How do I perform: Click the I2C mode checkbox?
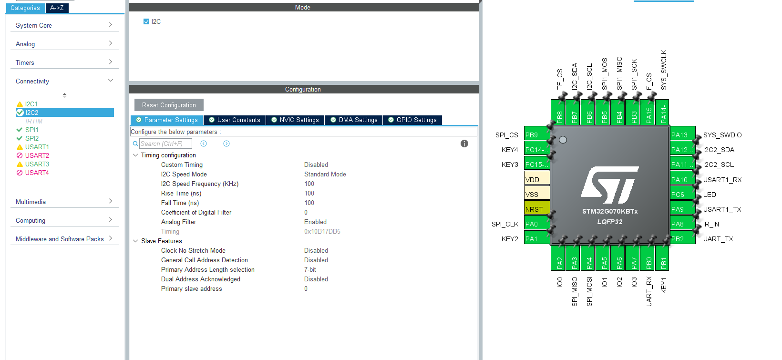click(146, 21)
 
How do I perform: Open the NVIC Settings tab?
click(295, 120)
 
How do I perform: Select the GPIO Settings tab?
click(412, 120)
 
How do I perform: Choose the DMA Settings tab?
click(354, 120)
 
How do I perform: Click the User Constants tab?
click(235, 120)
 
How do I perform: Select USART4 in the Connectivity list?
click(37, 173)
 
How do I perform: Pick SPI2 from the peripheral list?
click(32, 138)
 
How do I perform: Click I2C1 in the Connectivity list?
click(31, 104)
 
